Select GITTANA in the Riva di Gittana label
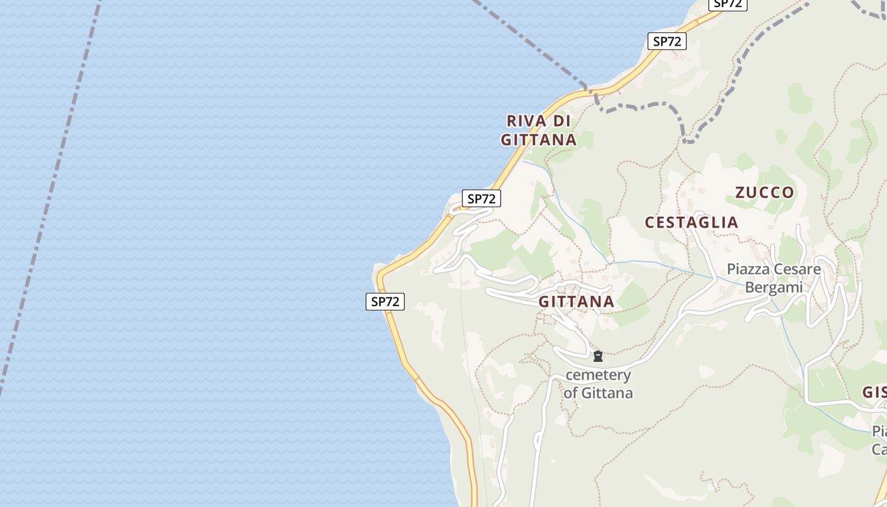tap(539, 139)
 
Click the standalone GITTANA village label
tap(577, 302)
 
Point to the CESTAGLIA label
tap(691, 222)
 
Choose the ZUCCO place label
tap(764, 193)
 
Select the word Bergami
tap(774, 287)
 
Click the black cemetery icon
tap(597, 357)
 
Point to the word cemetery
tap(598, 375)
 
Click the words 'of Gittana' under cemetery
tap(598, 393)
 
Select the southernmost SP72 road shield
tap(385, 302)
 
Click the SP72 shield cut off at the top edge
tap(727, 4)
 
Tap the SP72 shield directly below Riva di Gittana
tap(482, 198)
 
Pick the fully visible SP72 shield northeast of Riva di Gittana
tap(667, 42)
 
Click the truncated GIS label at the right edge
tap(874, 392)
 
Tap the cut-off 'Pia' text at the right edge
tap(879, 432)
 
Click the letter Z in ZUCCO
tap(740, 193)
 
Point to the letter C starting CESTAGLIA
tap(650, 222)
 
